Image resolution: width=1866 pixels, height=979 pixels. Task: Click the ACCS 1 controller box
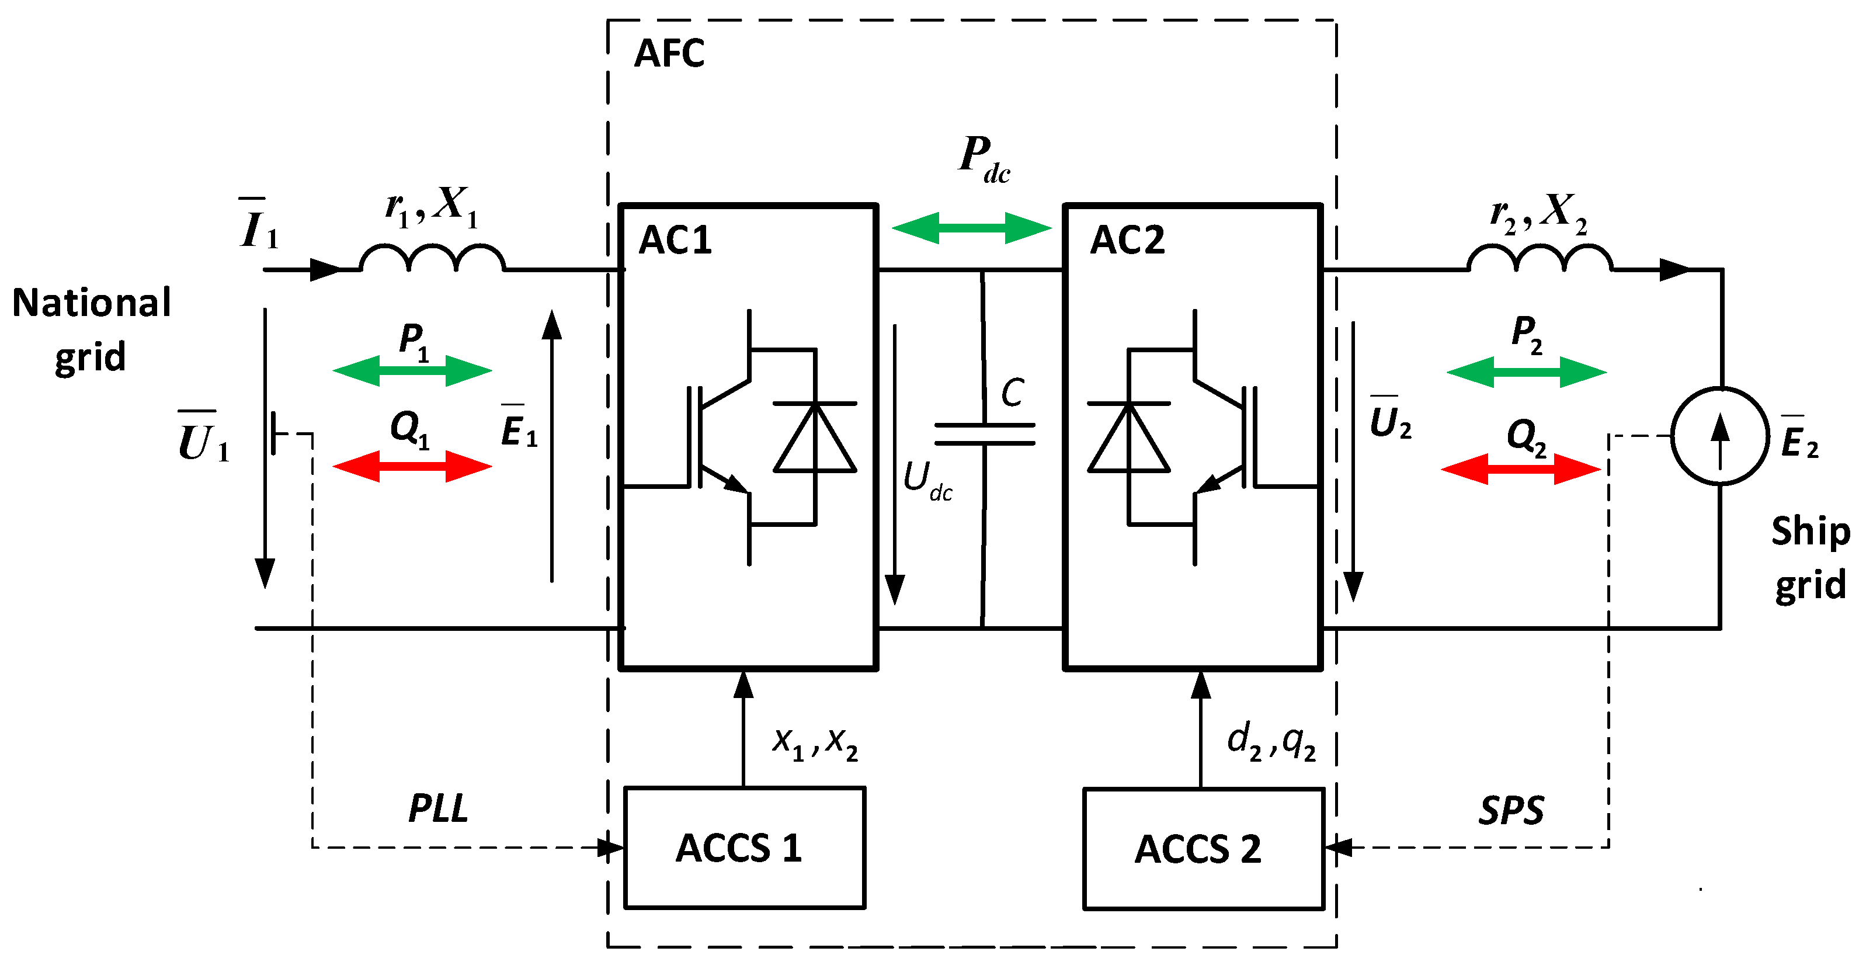(744, 847)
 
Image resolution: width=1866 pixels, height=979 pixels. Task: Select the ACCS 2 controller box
(1203, 849)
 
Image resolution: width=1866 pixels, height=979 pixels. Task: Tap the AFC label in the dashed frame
(669, 54)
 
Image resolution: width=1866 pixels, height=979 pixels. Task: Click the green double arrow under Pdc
(971, 228)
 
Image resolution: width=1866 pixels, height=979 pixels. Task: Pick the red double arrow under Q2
(1520, 469)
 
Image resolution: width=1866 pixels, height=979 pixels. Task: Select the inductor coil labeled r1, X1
(432, 258)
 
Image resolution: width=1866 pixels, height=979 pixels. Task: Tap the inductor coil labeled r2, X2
(1540, 258)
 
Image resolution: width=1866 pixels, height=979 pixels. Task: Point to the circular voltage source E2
(1719, 436)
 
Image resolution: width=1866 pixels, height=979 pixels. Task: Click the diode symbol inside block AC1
(815, 437)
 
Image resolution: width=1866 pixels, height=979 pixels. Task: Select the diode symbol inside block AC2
(1128, 437)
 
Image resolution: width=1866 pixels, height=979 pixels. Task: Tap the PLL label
(438, 808)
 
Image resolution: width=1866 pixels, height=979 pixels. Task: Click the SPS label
(1511, 810)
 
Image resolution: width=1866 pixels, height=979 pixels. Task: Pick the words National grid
(91, 329)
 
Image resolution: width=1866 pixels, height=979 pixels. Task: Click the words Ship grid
(1809, 557)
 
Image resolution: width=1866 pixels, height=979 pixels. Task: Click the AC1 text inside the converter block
(675, 240)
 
